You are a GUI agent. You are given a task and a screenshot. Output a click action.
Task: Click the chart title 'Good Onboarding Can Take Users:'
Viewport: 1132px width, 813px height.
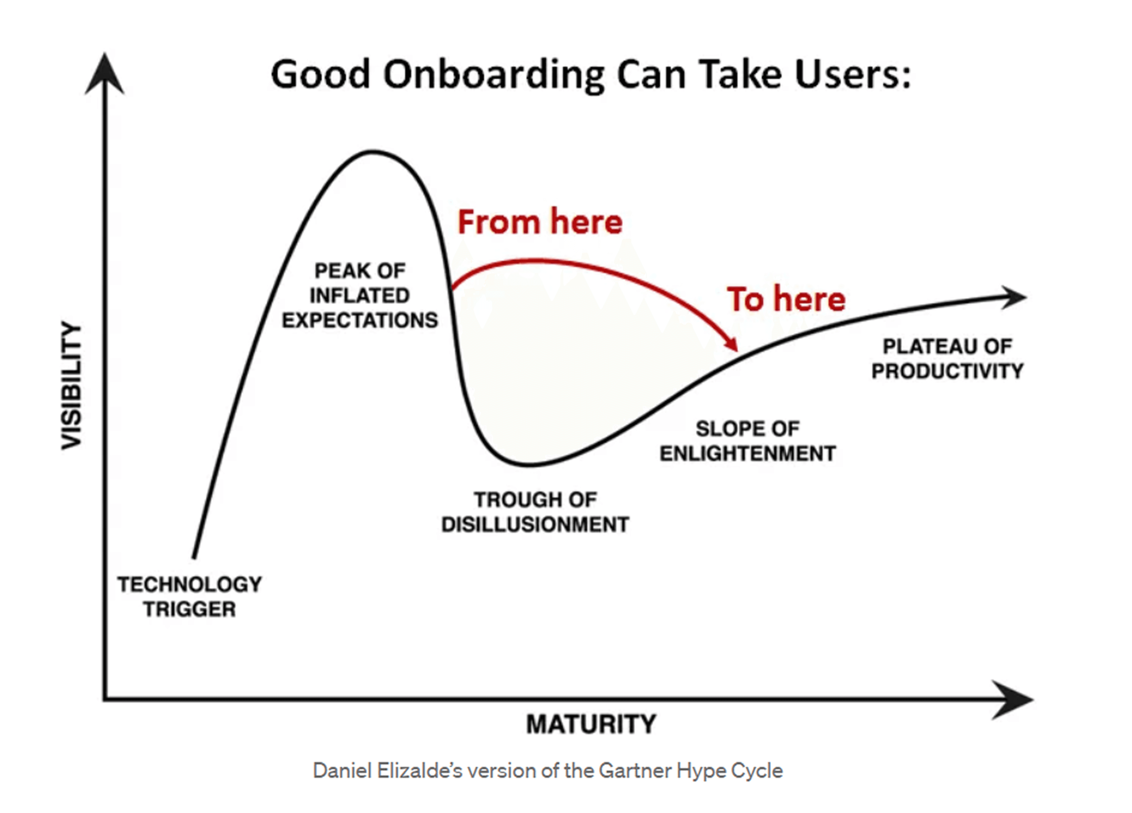point(591,75)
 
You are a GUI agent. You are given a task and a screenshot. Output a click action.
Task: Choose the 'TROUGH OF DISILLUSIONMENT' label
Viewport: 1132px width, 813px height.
point(535,512)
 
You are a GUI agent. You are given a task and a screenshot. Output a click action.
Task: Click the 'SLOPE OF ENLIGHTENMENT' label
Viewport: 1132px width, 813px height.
point(748,441)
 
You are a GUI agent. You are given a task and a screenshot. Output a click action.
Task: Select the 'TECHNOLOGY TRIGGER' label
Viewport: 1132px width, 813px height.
point(190,597)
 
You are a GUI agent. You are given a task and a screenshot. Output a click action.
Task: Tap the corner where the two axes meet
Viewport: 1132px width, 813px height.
point(105,699)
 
